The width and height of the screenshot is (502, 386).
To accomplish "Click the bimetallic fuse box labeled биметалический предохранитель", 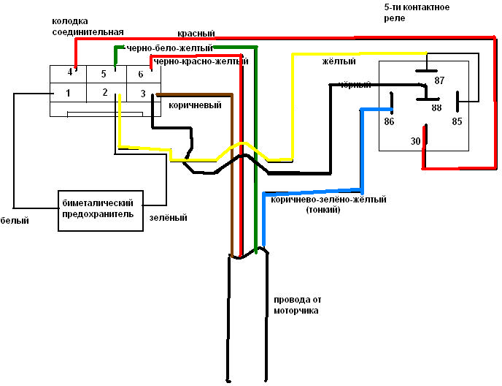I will point(100,209).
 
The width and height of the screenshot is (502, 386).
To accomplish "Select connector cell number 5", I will point(104,75).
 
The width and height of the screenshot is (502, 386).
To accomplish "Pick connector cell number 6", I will point(140,75).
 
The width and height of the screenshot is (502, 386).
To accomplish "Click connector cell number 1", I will point(68,93).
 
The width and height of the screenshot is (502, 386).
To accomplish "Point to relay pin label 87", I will point(439,81).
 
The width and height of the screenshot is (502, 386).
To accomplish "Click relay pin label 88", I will point(436,107).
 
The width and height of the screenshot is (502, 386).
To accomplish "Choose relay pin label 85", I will point(457,121).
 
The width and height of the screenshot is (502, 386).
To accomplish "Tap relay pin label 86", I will point(389,121).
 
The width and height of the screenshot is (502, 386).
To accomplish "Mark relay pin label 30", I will point(415,140).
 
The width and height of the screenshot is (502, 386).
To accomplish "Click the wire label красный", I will point(196,34).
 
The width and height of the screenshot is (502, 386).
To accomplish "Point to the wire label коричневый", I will point(195,105).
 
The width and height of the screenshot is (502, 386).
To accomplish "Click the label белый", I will point(15,221).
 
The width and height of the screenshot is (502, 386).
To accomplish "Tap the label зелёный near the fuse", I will point(169,218).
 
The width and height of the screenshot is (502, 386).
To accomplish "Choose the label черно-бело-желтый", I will point(169,48).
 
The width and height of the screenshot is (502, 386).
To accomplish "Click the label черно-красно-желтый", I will point(201,62).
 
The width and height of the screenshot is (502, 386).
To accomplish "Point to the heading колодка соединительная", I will point(88,27).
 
